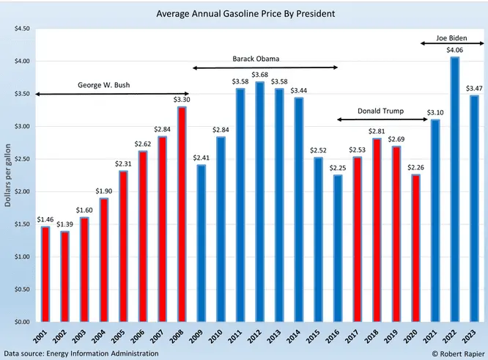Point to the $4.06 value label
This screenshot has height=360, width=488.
click(x=454, y=50)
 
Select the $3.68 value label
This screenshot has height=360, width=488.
click(x=259, y=75)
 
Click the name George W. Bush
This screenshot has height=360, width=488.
click(x=103, y=85)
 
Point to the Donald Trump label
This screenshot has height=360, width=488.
click(x=380, y=111)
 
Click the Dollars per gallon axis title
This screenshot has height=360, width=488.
click(x=8, y=176)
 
